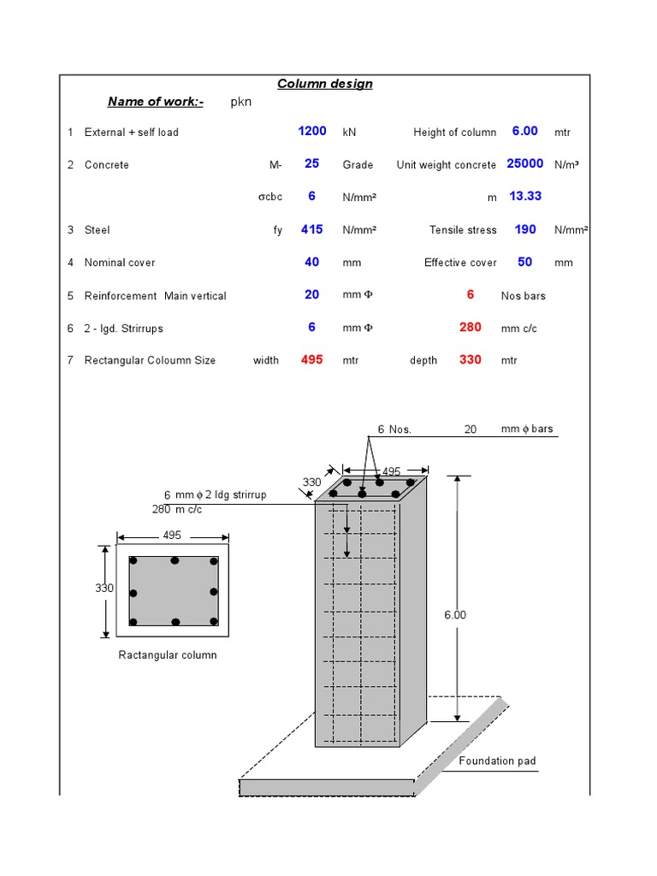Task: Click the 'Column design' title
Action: [x=325, y=84]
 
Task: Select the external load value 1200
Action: [x=312, y=131]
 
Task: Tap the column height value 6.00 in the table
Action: [x=524, y=131]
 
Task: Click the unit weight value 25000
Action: [x=524, y=163]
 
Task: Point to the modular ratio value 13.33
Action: [x=524, y=196]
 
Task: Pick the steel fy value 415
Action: [x=312, y=229]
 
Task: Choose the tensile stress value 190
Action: [x=524, y=229]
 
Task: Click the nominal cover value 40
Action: [x=312, y=262]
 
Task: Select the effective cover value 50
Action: [x=524, y=262]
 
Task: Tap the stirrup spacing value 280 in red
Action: [x=471, y=327]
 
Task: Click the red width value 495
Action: [x=312, y=359]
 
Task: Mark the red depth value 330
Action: [x=471, y=359]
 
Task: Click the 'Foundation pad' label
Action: [x=498, y=761]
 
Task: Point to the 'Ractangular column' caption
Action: [x=168, y=655]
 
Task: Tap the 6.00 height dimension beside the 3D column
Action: [x=455, y=615]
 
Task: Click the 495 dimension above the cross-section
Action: [x=172, y=536]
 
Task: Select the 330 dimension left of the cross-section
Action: [x=104, y=589]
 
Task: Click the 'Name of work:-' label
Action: [x=156, y=103]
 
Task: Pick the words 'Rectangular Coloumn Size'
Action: [x=150, y=360]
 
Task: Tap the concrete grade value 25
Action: [x=312, y=163]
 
